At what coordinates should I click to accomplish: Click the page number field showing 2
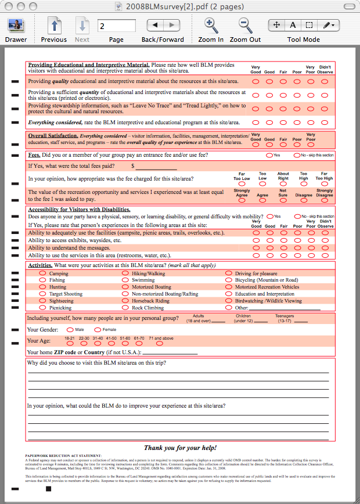[x=117, y=26]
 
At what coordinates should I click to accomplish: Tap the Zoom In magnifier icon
[x=211, y=26]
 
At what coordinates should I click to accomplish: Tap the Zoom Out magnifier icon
[x=245, y=26]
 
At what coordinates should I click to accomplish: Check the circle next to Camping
[x=42, y=273]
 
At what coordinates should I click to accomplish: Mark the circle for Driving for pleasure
[x=229, y=273]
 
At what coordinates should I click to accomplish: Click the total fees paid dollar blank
[x=156, y=167]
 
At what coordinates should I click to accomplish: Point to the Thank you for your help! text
[x=180, y=448]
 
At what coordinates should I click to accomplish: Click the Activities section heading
[x=41, y=265]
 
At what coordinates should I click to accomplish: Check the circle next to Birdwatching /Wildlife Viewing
[x=229, y=301]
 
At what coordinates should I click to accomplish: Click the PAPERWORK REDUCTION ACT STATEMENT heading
[x=63, y=456]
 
